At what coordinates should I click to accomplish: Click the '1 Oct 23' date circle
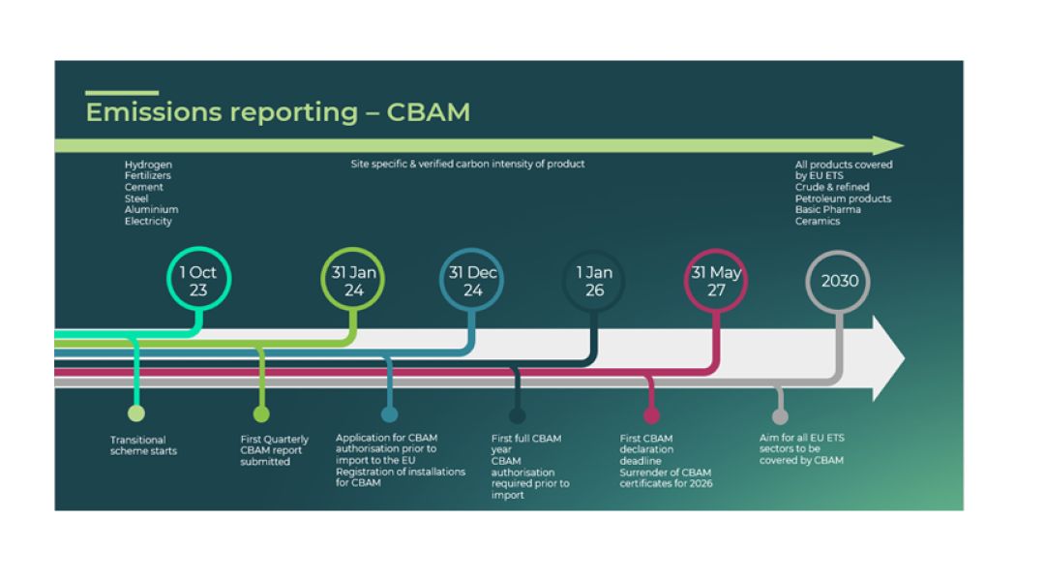point(197,282)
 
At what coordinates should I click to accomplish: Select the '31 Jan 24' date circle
point(352,282)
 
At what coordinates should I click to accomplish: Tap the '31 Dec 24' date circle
point(472,282)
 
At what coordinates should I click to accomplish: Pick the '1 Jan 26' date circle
point(595,282)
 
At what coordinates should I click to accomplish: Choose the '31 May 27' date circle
point(716,282)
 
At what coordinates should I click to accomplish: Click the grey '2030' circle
point(839,282)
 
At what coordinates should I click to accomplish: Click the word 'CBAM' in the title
point(428,112)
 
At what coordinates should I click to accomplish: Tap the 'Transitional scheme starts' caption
point(143,445)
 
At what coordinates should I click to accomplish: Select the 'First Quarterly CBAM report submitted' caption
point(274,450)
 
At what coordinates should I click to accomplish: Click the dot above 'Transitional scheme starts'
point(136,414)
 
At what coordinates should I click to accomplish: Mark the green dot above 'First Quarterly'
point(261,414)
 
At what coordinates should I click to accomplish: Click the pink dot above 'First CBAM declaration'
point(651,415)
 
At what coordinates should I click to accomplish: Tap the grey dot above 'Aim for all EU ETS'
point(780,416)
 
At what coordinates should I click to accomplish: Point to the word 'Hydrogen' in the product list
point(148,165)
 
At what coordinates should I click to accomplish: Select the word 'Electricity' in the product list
point(148,221)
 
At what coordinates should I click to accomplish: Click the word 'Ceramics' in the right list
point(818,221)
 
